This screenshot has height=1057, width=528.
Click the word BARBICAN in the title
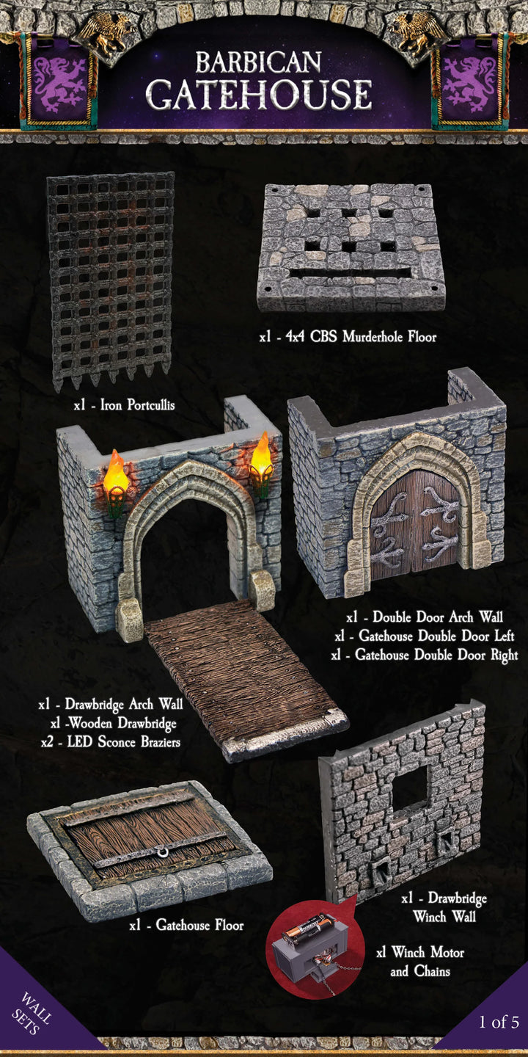(x=258, y=62)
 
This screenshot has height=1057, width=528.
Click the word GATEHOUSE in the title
(x=259, y=95)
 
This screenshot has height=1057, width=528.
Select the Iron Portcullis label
(x=125, y=405)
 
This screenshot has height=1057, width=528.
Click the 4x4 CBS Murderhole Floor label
(x=348, y=337)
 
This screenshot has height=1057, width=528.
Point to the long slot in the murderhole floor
(x=351, y=273)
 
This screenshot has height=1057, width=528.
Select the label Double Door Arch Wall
(x=425, y=617)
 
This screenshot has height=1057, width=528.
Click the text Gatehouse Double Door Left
(x=425, y=636)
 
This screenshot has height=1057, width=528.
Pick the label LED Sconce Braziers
(x=111, y=742)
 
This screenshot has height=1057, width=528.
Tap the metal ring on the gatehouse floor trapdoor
(x=163, y=851)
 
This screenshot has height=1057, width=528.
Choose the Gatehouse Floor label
(x=187, y=924)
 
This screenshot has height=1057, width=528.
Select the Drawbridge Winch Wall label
(x=444, y=907)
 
